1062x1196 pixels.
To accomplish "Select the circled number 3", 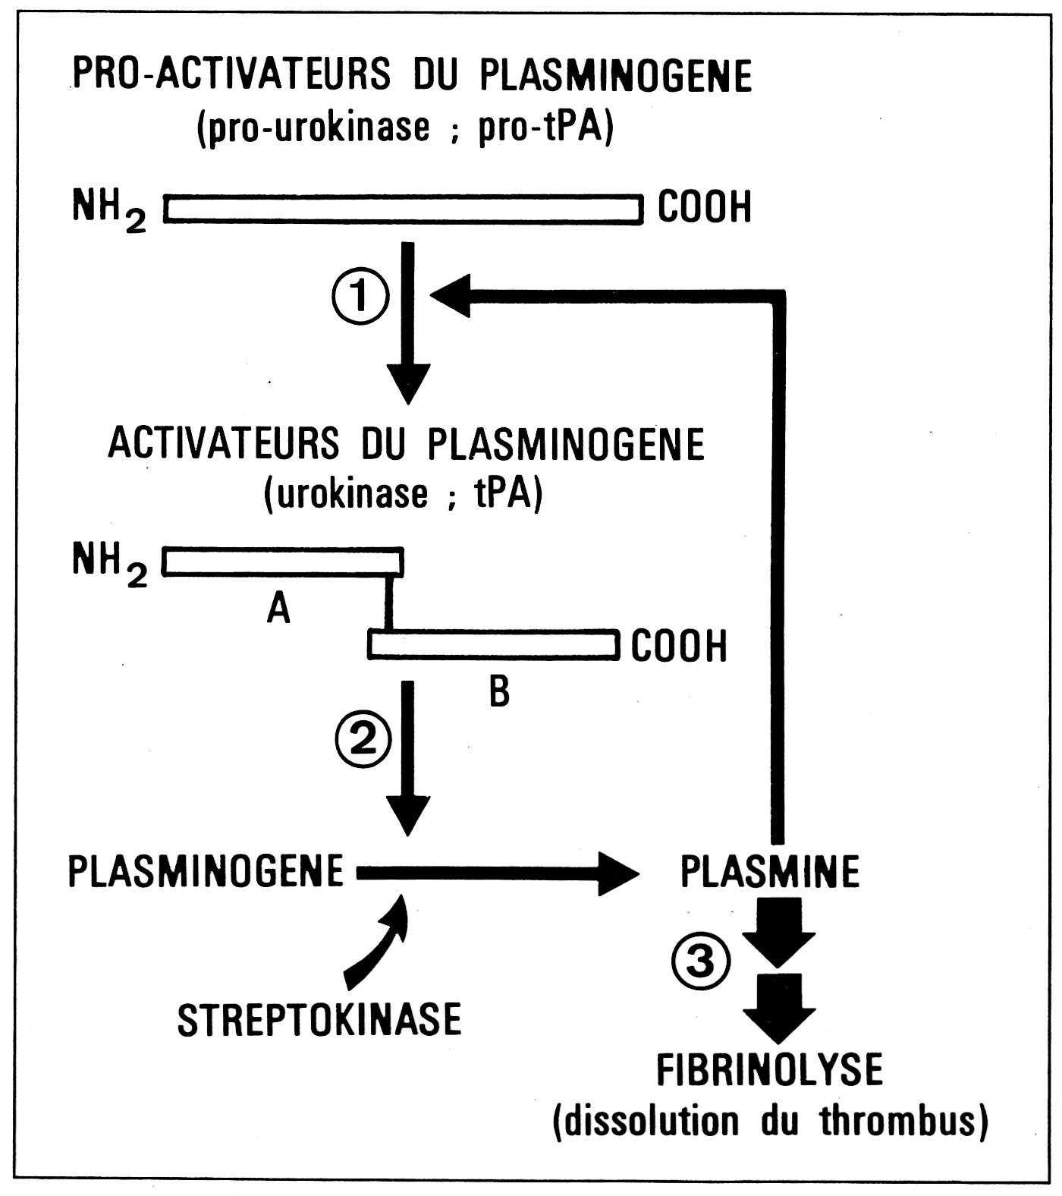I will click(700, 962).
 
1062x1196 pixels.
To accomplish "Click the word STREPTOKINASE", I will click(319, 1019).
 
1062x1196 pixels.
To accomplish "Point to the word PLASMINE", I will click(769, 871).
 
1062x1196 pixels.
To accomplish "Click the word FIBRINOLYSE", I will click(769, 1070).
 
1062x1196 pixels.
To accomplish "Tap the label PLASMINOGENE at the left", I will click(206, 870).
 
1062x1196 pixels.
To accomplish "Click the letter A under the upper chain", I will click(278, 608).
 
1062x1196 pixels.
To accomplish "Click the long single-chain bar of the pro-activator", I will click(403, 209).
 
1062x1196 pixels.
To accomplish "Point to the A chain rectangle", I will click(282, 562).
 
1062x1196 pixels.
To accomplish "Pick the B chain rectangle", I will click(492, 644).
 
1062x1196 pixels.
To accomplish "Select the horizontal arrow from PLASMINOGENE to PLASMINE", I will click(493, 873).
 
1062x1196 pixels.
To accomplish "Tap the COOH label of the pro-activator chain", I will click(704, 207).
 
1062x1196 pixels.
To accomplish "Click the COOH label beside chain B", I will click(679, 646).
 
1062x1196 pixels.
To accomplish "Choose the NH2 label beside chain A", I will click(108, 564).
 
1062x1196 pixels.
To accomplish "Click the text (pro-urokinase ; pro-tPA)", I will click(404, 127).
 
